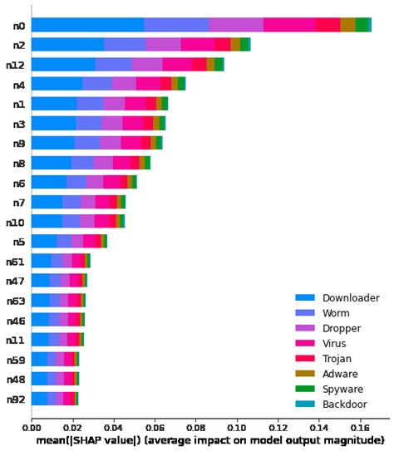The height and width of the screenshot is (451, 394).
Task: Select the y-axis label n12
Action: click(16, 65)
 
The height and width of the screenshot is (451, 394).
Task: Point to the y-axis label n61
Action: click(16, 261)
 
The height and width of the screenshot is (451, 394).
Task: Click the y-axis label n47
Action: click(16, 280)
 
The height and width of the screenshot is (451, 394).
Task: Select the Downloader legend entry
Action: click(351, 297)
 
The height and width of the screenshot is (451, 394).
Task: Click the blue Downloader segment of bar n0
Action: click(87, 26)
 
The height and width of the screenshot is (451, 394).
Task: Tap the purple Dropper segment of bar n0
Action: click(236, 26)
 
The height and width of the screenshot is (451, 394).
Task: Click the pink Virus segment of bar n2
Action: click(197, 45)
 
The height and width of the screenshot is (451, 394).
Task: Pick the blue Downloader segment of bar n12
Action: click(63, 65)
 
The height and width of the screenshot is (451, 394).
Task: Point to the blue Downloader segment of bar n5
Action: click(44, 241)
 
